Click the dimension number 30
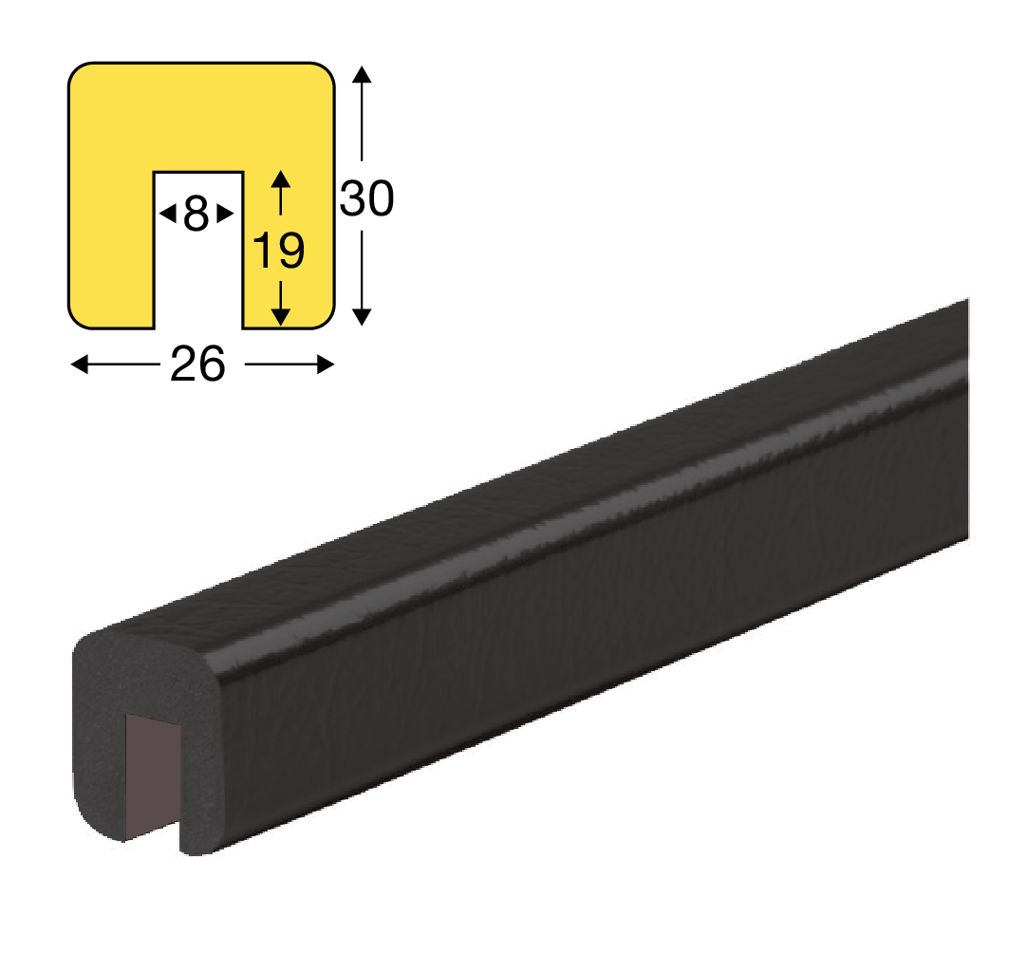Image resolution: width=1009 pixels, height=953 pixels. pos(366,198)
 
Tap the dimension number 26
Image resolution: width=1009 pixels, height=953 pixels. pos(197,364)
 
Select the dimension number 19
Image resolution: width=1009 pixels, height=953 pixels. pos(279,251)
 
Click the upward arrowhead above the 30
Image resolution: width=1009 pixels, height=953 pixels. pos(362,74)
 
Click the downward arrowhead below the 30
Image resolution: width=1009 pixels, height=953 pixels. pos(362,317)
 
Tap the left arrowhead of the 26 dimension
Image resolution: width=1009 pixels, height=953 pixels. pos(79,364)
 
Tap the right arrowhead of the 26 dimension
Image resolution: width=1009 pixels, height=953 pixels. pos(326,364)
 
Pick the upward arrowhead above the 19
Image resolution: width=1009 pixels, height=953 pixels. pos(280,178)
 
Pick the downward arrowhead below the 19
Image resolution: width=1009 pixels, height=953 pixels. pos(280,317)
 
